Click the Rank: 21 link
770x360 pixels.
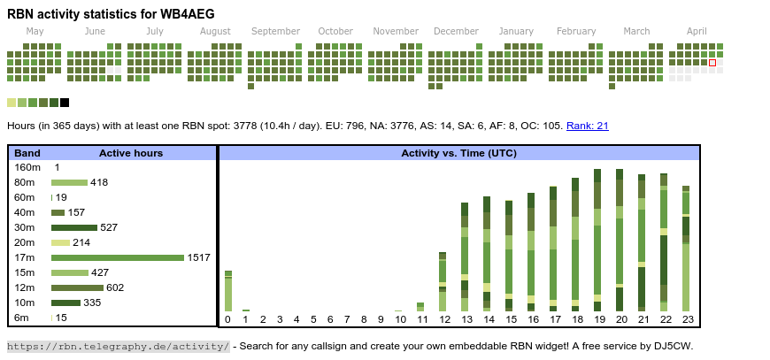tap(587, 126)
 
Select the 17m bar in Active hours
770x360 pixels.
tap(118, 257)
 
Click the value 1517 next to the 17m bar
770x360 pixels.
tap(198, 257)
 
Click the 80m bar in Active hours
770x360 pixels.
tap(69, 182)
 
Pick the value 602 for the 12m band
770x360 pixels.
tap(115, 287)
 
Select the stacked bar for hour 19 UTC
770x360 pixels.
tap(598, 240)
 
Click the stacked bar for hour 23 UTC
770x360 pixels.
tap(686, 249)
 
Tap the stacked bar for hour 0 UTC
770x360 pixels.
tap(227, 291)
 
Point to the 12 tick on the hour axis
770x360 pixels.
tap(443, 319)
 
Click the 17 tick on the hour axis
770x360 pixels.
tap(555, 319)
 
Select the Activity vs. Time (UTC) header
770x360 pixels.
tap(458, 153)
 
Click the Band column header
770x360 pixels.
tap(27, 153)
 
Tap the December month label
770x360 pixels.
tap(456, 31)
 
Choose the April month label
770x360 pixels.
tap(697, 31)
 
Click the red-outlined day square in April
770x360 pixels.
tap(712, 63)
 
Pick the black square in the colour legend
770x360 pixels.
tap(65, 103)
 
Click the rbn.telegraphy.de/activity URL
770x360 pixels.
tap(119, 346)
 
